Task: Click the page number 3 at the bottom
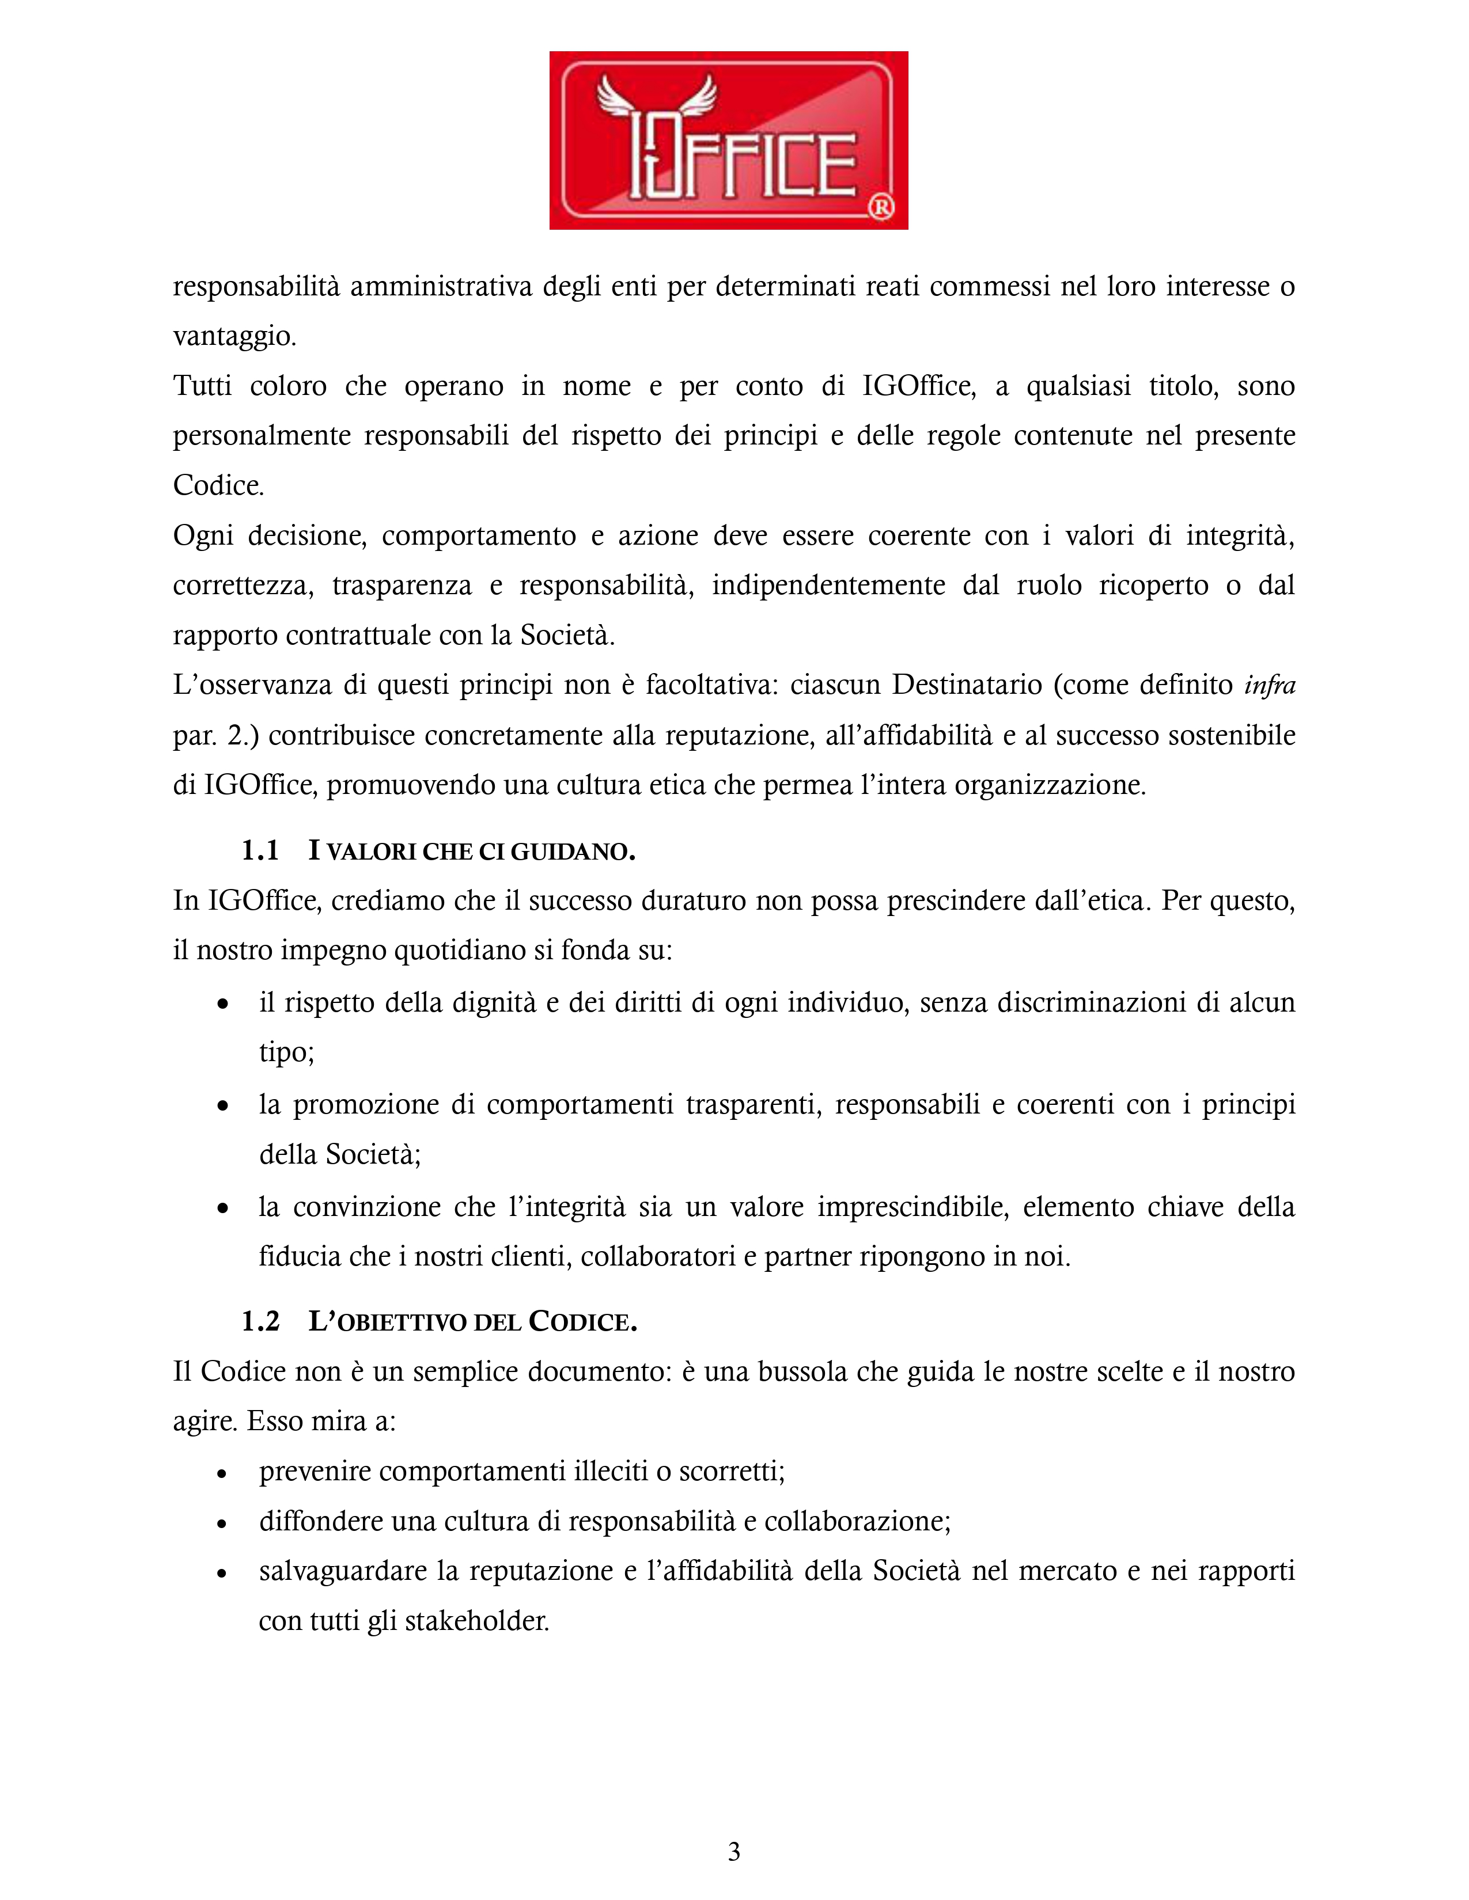click(x=733, y=1851)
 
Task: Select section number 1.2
click(x=260, y=1321)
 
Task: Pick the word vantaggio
click(x=234, y=336)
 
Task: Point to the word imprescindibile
click(x=911, y=1207)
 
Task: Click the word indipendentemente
click(x=828, y=586)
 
